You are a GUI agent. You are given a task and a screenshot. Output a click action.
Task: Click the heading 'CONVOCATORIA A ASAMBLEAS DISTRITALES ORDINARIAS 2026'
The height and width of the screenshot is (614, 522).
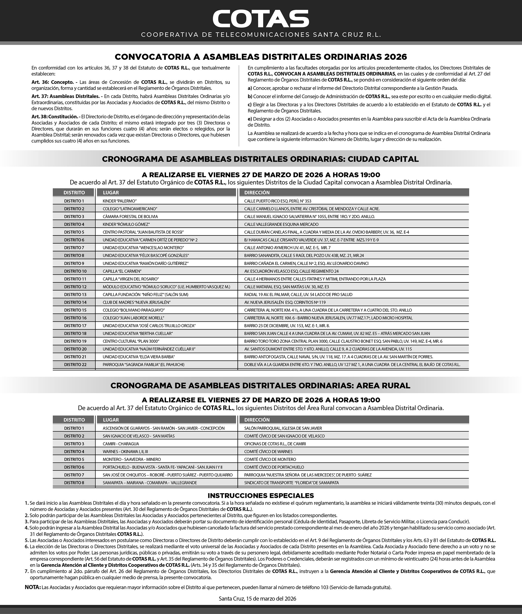tap(261, 57)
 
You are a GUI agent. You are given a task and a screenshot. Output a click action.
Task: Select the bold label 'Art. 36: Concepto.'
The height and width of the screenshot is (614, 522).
tap(53, 82)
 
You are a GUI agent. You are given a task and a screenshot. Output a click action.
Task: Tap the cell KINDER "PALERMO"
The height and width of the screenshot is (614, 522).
tap(120, 201)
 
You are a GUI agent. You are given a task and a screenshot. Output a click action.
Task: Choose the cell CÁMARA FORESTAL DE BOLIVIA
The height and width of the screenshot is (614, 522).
tap(130, 217)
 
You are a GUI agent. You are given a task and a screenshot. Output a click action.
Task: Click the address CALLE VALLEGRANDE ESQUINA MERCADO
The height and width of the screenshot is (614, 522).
tap(281, 224)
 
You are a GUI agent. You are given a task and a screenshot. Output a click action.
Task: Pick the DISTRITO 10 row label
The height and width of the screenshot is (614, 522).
tap(75, 271)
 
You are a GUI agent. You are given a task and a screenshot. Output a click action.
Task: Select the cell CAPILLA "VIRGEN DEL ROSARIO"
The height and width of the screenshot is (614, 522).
tap(131, 279)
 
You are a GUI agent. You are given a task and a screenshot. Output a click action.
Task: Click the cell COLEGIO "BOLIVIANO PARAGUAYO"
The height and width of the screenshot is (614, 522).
tap(133, 310)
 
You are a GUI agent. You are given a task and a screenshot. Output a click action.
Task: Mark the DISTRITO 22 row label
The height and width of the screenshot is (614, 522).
tap(75, 364)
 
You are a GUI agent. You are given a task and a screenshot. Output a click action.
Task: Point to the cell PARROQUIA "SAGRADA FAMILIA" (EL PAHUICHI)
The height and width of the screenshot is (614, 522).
tap(143, 364)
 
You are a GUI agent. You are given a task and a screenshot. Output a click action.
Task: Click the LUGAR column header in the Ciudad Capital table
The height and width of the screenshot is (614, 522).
tap(111, 193)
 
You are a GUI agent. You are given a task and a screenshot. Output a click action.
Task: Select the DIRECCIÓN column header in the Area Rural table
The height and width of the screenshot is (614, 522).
tap(257, 420)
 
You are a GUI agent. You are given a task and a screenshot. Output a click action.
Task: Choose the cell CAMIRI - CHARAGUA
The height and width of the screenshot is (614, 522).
tap(121, 444)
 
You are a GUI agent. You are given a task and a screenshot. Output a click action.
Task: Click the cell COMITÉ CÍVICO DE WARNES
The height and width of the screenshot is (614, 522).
tap(268, 452)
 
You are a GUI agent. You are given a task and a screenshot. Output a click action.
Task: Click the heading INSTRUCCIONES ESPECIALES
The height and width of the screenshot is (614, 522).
tap(261, 496)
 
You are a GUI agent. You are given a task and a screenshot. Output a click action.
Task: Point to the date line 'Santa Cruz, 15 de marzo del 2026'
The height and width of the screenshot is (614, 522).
tap(257, 599)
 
